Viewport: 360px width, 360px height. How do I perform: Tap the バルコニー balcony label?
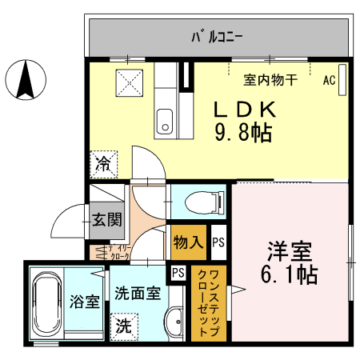[x=217, y=36]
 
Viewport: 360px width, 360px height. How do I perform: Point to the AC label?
[x=329, y=80]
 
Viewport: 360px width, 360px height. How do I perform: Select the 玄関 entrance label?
[x=105, y=218]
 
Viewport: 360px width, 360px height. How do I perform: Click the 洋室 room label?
[x=290, y=250]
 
